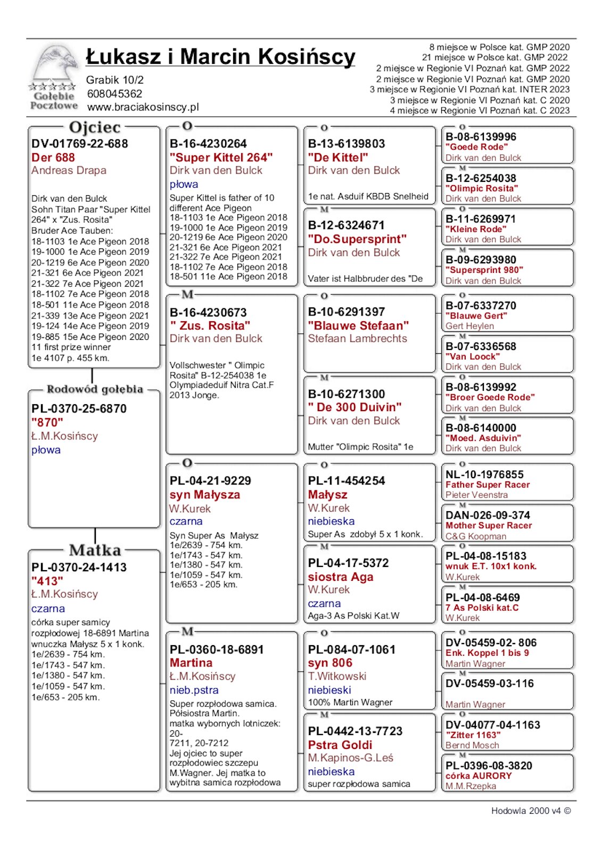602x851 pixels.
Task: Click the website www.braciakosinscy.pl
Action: tap(143, 107)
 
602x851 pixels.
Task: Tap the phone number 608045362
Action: tap(114, 94)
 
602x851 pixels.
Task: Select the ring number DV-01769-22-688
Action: tap(79, 144)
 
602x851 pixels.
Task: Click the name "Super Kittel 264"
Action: tap(221, 157)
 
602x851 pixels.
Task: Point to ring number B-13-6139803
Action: tap(346, 144)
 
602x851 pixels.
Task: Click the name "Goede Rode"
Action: tap(476, 147)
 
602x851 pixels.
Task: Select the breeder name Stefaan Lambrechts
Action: tap(357, 338)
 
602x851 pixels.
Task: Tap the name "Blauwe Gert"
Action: tap(476, 315)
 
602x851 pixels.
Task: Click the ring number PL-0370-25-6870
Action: tap(79, 408)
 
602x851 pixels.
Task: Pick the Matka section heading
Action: tap(95, 550)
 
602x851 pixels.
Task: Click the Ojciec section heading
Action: tap(95, 128)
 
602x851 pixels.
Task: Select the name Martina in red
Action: tap(191, 663)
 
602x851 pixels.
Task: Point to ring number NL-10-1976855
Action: tap(484, 474)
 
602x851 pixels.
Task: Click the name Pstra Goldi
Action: tap(340, 745)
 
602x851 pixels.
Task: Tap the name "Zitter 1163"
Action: tap(473, 735)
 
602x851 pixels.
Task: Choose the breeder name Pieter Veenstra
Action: tap(476, 495)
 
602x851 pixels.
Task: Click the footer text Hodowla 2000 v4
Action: tap(526, 811)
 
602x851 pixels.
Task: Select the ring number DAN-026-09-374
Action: tap(488, 515)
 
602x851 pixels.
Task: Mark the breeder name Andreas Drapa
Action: tap(69, 170)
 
